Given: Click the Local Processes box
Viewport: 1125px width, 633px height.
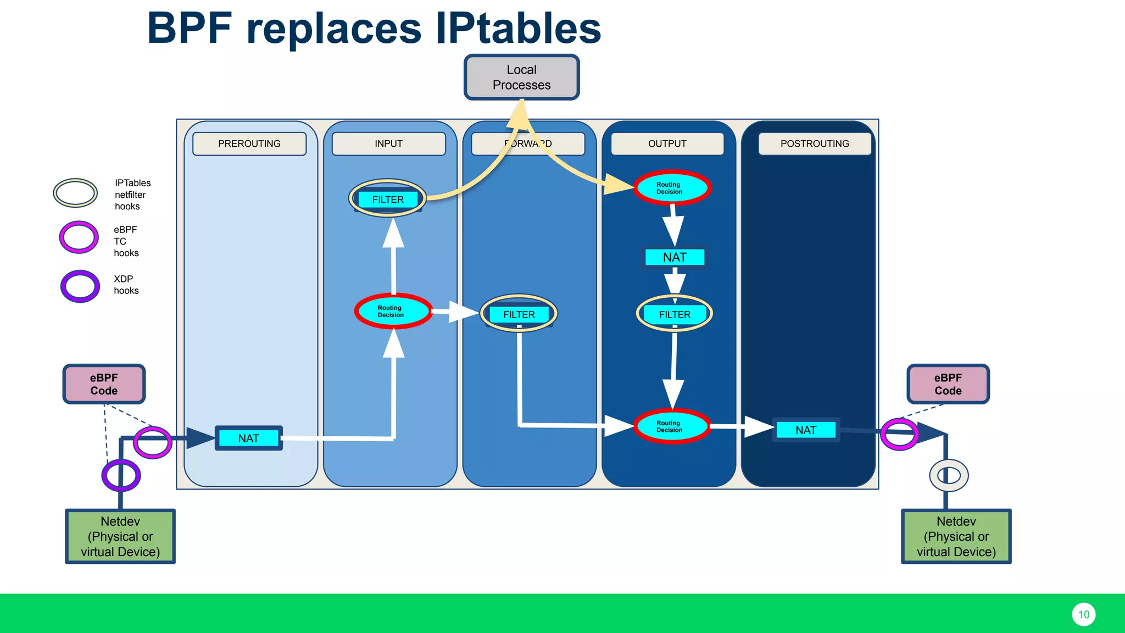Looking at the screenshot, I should click(x=521, y=77).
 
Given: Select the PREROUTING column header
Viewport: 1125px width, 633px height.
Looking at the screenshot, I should click(x=249, y=143).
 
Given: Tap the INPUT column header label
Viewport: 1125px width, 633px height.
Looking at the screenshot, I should click(x=388, y=143).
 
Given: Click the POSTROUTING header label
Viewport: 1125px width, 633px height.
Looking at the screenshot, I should click(x=815, y=143).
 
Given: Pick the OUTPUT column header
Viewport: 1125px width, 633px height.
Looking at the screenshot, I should click(x=667, y=143).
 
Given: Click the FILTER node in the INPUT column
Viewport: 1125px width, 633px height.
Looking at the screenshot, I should click(x=388, y=199).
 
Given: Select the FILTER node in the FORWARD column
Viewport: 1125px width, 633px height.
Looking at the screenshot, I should click(x=519, y=314).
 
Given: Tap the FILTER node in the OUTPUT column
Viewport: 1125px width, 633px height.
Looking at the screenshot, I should click(x=675, y=314).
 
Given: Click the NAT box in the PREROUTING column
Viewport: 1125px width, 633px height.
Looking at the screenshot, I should click(x=249, y=438).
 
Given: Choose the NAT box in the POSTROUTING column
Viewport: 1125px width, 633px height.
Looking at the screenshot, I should click(x=806, y=430).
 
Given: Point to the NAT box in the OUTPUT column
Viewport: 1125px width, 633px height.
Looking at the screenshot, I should click(x=675, y=257).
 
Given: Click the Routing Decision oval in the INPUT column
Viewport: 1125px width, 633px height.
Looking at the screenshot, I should click(x=392, y=312).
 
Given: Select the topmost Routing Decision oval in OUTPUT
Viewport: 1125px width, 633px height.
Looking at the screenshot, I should click(x=672, y=188).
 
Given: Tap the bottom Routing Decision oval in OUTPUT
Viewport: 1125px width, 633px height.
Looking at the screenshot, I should click(x=672, y=426).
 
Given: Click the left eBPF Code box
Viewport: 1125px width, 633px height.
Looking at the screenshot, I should click(x=104, y=384).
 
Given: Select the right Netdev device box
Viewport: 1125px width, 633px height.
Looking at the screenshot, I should click(x=956, y=536).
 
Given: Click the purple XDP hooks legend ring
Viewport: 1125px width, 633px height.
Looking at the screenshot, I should click(x=80, y=286).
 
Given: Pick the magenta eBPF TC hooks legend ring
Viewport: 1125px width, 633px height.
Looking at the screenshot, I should click(x=79, y=237).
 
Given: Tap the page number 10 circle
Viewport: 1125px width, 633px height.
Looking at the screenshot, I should click(x=1083, y=614).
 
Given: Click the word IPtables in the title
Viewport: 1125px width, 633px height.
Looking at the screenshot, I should click(x=518, y=29).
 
